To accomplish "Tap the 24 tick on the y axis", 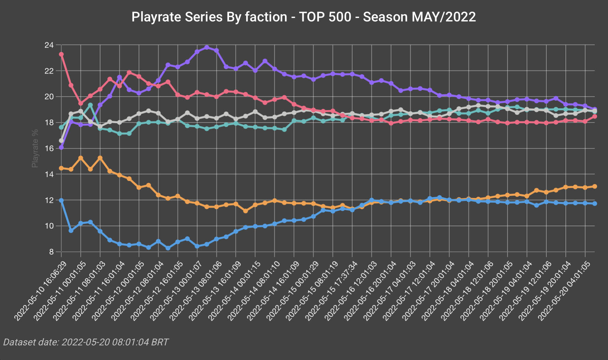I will tap(48, 45).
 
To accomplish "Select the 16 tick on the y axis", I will tap(48, 149).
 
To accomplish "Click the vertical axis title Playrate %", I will tap(35, 148).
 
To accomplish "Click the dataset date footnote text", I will tap(86, 342).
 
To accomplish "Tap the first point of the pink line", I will tap(61, 54).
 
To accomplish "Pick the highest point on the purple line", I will tap(207, 47).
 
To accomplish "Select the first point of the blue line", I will tap(61, 200).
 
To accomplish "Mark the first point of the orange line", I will tap(61, 168).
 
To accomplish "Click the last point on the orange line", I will tap(595, 186).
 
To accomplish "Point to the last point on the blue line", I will tap(595, 203).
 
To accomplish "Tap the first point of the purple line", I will tap(61, 147).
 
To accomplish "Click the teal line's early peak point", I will tap(91, 105).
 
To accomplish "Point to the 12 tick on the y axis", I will tap(48, 200).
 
